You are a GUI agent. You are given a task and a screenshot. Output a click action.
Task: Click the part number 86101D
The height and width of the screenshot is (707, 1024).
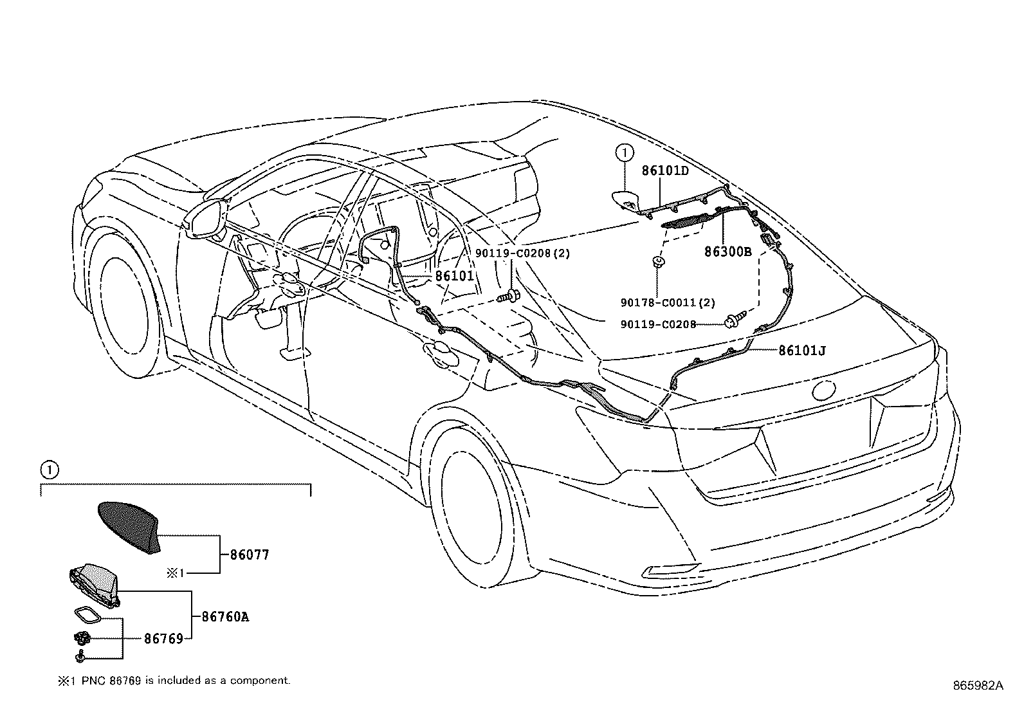pos(664,170)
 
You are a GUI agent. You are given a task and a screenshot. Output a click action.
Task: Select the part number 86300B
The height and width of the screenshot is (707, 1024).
pos(727,252)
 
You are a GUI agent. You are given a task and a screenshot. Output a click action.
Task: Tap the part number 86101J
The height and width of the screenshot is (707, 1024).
pos(802,351)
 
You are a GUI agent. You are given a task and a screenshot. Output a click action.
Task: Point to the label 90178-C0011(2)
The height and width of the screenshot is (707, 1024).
pos(668,302)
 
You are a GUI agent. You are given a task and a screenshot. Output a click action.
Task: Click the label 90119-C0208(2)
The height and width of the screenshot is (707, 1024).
pos(522,253)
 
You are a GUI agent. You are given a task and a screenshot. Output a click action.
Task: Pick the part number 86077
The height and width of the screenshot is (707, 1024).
pos(249,555)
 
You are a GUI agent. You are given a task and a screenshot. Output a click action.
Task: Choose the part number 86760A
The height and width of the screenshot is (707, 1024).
pos(225,617)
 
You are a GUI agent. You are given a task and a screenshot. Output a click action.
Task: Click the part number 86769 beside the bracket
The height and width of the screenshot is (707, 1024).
pos(163,639)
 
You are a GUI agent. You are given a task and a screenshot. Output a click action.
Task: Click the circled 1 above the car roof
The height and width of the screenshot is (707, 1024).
pos(625,152)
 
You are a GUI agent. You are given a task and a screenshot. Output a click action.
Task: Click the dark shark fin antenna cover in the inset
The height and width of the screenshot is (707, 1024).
pos(129,528)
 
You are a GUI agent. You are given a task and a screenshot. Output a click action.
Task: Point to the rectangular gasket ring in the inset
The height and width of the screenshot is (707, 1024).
pos(87,615)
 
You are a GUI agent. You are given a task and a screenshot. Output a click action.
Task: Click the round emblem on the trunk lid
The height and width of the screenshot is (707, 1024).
pos(824,390)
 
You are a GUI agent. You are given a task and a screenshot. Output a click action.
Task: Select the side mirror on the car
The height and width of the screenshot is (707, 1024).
pos(206,219)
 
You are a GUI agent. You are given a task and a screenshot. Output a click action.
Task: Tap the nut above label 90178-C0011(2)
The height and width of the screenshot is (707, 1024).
pos(657,262)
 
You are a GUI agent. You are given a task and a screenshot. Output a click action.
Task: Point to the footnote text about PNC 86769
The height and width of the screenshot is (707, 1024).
pos(174,681)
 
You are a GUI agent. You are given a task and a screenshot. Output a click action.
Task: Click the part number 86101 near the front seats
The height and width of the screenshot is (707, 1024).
pos(454,276)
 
